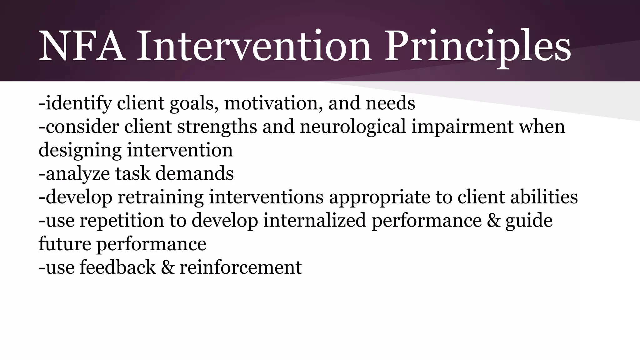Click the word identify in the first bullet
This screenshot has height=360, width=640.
(x=78, y=103)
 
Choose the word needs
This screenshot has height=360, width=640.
(x=390, y=103)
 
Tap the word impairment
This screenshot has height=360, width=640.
(x=462, y=127)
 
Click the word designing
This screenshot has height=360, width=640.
(x=80, y=150)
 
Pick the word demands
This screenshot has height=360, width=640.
(x=194, y=174)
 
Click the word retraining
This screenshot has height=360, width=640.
(x=160, y=197)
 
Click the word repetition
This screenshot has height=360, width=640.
(x=122, y=221)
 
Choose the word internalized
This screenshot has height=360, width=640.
(x=314, y=221)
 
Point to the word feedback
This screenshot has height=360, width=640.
(x=117, y=267)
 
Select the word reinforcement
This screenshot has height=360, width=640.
(x=241, y=267)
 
